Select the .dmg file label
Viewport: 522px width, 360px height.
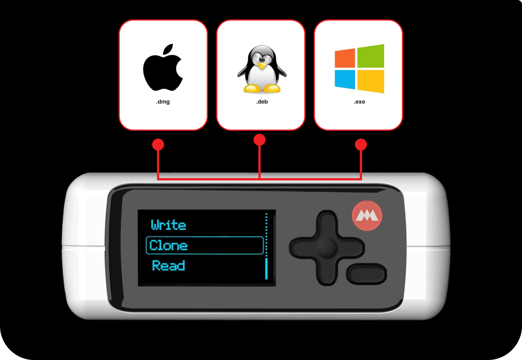(x=163, y=102)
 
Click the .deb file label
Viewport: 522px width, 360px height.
(x=262, y=102)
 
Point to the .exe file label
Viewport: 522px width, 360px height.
(x=359, y=102)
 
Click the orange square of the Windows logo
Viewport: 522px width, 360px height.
(x=345, y=58)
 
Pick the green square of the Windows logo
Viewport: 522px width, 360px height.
(x=371, y=56)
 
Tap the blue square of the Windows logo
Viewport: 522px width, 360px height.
(x=345, y=80)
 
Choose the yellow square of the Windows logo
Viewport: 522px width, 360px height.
(x=371, y=82)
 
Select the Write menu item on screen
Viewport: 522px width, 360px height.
(x=168, y=225)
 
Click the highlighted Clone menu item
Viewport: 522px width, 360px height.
(x=205, y=245)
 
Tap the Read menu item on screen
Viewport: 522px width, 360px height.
(x=169, y=265)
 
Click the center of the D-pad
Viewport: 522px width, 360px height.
(x=327, y=248)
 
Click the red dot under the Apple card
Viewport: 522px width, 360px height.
(x=158, y=145)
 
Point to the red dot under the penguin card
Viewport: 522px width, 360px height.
(x=260, y=140)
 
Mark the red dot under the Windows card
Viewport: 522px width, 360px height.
(x=361, y=145)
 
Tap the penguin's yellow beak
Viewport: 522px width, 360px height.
(x=262, y=66)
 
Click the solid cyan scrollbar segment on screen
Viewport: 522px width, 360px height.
(x=266, y=268)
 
